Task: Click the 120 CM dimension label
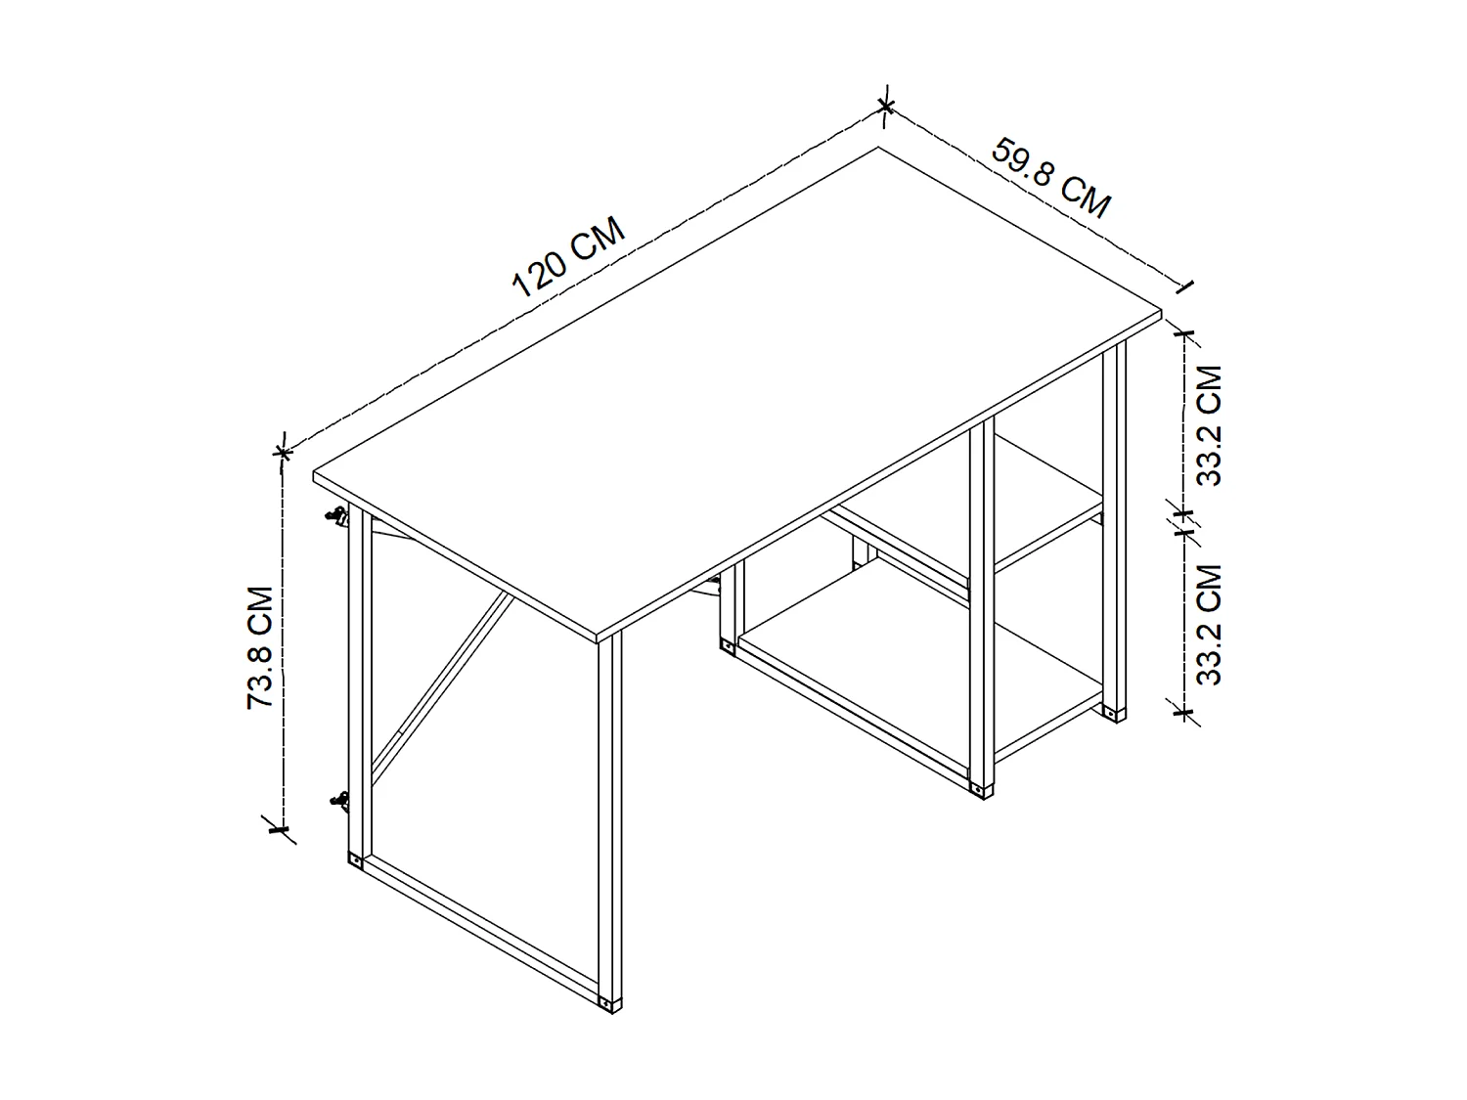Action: coord(568,258)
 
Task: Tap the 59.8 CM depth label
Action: coord(1051,178)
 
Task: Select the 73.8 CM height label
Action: coord(260,647)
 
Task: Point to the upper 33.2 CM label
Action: coord(1210,425)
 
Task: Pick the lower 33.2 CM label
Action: coord(1210,624)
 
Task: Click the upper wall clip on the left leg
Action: coord(337,516)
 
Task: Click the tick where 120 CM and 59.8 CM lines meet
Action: coord(885,104)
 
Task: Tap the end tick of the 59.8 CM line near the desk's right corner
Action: coord(1185,286)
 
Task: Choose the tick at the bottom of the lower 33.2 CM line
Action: coord(1185,712)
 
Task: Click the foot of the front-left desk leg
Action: coord(609,1003)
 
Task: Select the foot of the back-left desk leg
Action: coord(354,860)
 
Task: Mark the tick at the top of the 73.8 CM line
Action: coord(283,452)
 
